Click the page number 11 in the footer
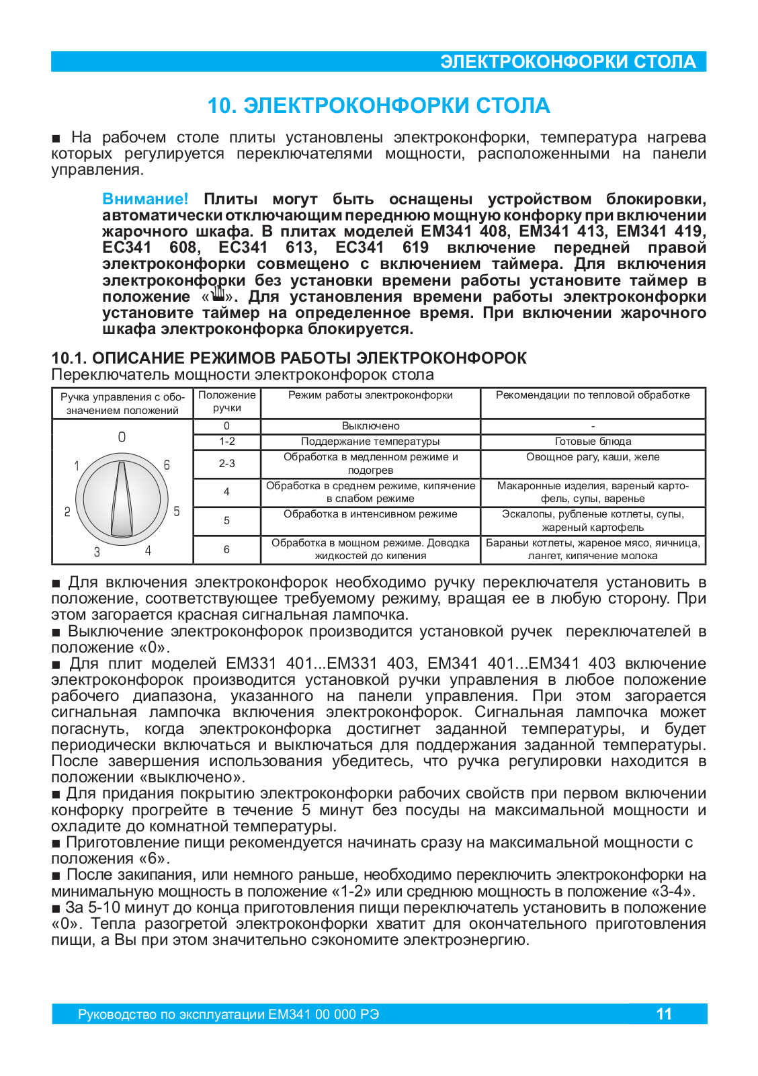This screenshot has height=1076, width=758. pos(663,1014)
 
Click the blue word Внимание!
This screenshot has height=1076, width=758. pos(145,199)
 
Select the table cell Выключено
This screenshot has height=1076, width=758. pos(370,426)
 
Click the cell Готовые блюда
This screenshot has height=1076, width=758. pos(593,442)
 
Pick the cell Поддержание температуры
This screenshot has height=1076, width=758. pos(370,442)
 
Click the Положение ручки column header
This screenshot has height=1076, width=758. pos(226,402)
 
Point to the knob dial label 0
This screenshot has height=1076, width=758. pos(122,437)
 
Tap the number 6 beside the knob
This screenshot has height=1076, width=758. pos(167,465)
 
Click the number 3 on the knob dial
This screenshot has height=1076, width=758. pos(97,552)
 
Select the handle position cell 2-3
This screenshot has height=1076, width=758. pos(226,464)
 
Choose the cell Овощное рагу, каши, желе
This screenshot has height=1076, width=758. pos(593,457)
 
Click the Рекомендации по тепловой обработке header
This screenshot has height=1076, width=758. pos(593,395)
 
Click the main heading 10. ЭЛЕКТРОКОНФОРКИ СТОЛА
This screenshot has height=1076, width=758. pos(378,106)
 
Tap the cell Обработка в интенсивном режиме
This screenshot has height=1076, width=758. pos(370,514)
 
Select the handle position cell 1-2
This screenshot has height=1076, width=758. pos(226,442)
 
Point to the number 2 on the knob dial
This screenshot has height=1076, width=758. pos(67,512)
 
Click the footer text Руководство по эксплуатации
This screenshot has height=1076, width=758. pos(171,1014)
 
